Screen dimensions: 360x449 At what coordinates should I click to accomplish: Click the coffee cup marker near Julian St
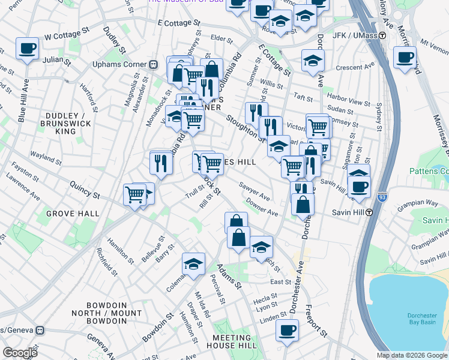click(x=27, y=48)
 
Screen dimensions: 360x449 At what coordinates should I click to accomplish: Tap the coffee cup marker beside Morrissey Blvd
click(x=405, y=57)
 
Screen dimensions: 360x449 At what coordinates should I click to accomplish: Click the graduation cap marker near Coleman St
click(x=193, y=264)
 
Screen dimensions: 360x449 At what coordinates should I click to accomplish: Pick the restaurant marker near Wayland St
click(x=161, y=163)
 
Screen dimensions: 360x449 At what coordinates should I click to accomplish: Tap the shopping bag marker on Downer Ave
click(x=303, y=204)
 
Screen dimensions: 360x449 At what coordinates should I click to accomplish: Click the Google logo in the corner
click(x=20, y=353)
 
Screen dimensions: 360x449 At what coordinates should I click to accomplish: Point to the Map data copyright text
click(x=412, y=355)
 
